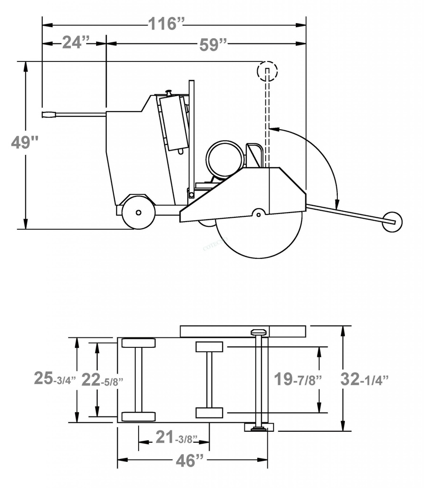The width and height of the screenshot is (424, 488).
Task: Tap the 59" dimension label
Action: pyautogui.click(x=212, y=44)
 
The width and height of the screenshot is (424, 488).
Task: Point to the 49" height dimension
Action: pyautogui.click(x=25, y=142)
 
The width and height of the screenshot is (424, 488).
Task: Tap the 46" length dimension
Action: pyautogui.click(x=190, y=460)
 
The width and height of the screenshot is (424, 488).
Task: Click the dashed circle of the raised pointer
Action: pyautogui.click(x=267, y=71)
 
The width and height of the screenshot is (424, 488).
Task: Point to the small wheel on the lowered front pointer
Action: pyautogui.click(x=392, y=222)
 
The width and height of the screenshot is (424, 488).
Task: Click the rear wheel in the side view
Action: pyautogui.click(x=138, y=212)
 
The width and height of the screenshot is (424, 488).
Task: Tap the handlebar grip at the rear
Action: pyautogui.click(x=49, y=114)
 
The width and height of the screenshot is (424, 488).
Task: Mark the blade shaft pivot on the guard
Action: pyautogui.click(x=258, y=213)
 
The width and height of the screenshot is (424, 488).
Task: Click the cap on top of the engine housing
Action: pyautogui.click(x=168, y=91)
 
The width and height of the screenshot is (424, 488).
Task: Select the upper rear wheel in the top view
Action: pyautogui.click(x=138, y=343)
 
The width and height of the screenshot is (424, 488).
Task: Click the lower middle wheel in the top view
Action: pyautogui.click(x=209, y=413)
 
